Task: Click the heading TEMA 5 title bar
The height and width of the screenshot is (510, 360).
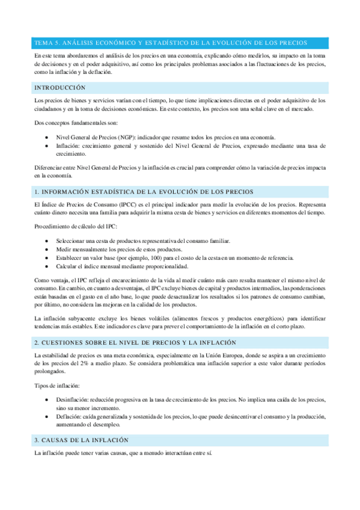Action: (x=171, y=43)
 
